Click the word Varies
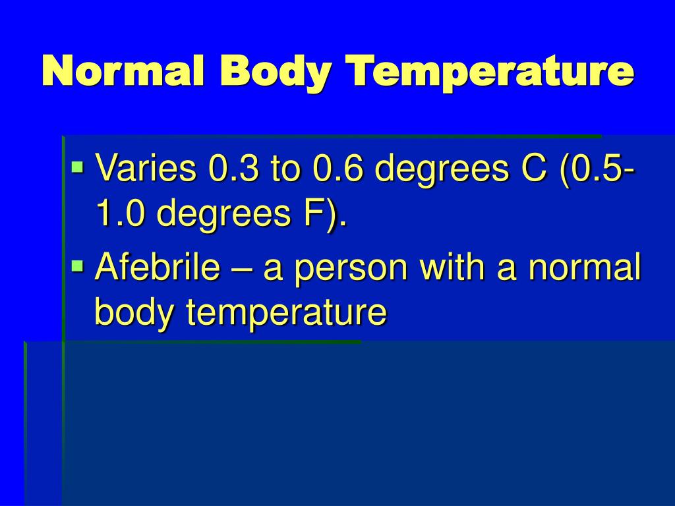click(x=146, y=169)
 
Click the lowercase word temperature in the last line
click(x=285, y=312)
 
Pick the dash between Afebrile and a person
click(x=242, y=269)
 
